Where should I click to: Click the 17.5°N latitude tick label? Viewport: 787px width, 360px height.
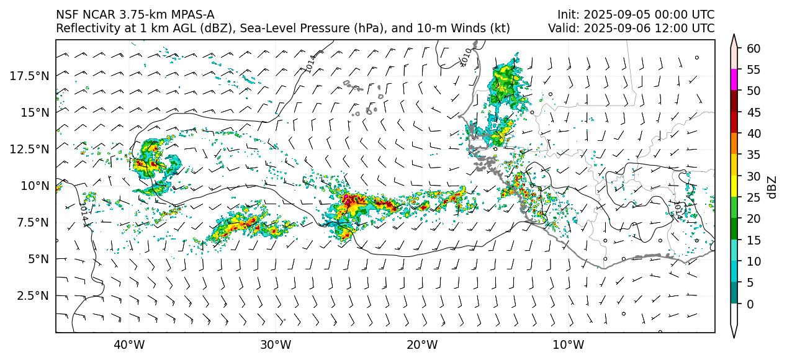30,76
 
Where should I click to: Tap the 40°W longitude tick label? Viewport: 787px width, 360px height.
129,345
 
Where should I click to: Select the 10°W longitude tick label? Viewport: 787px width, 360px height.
568,345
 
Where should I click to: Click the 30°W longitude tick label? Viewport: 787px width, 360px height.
276,345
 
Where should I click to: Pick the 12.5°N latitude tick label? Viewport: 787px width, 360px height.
30,149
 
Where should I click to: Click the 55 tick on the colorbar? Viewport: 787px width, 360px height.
753,70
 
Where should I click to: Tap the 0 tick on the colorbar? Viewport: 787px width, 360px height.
750,304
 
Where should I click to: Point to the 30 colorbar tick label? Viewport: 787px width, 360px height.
753,176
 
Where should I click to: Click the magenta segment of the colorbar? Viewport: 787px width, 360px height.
734,80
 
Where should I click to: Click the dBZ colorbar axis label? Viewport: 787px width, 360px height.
772,187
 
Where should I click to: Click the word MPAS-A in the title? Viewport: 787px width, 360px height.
188,15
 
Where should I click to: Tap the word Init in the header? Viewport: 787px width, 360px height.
567,15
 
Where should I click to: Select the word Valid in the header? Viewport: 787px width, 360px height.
562,29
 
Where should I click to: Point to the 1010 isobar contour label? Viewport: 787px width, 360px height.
466,56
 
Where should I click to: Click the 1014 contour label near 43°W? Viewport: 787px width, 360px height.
83,210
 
